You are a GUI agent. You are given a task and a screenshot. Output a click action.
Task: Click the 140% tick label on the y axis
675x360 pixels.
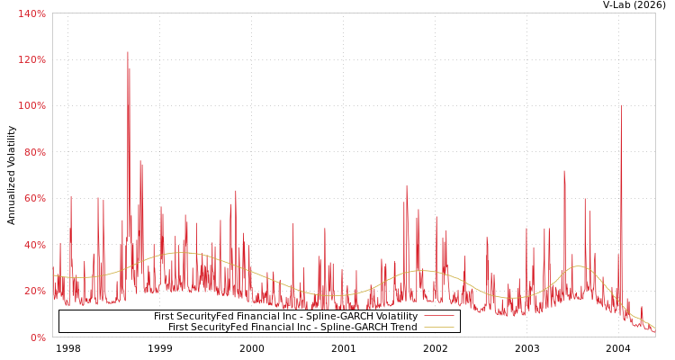pyautogui.click(x=32, y=13)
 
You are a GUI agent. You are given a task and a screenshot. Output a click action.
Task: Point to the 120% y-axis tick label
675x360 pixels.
pyautogui.click(x=32, y=59)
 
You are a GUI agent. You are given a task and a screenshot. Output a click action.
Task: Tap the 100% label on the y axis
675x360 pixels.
pyautogui.click(x=32, y=105)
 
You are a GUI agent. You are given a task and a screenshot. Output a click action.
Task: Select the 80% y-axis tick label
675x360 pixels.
pyautogui.click(x=34, y=152)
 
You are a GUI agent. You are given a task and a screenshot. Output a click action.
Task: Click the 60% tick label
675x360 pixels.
pyautogui.click(x=34, y=198)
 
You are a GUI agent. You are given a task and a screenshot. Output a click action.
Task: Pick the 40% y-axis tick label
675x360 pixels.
pyautogui.click(x=34, y=245)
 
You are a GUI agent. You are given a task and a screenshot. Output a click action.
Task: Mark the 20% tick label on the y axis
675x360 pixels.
pyautogui.click(x=34, y=291)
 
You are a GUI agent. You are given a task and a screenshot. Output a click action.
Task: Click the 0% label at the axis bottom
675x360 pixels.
pyautogui.click(x=38, y=337)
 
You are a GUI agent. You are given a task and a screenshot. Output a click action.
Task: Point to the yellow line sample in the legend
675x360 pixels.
pyautogui.click(x=438, y=328)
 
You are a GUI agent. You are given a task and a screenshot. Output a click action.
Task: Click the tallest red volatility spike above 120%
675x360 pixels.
pyautogui.click(x=128, y=53)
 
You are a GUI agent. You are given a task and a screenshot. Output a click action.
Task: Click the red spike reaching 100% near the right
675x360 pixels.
pyautogui.click(x=621, y=106)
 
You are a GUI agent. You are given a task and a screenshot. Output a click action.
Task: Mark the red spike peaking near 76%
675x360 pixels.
pyautogui.click(x=140, y=162)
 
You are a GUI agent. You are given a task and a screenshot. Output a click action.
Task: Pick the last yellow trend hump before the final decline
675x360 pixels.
pyautogui.click(x=577, y=266)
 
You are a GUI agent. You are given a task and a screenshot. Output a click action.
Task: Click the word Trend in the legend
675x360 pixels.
pyautogui.click(x=402, y=328)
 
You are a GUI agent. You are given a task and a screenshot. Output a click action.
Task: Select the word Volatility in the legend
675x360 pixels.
pyautogui.click(x=396, y=317)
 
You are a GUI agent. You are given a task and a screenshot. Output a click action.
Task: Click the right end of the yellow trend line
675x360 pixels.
pyautogui.click(x=654, y=328)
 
